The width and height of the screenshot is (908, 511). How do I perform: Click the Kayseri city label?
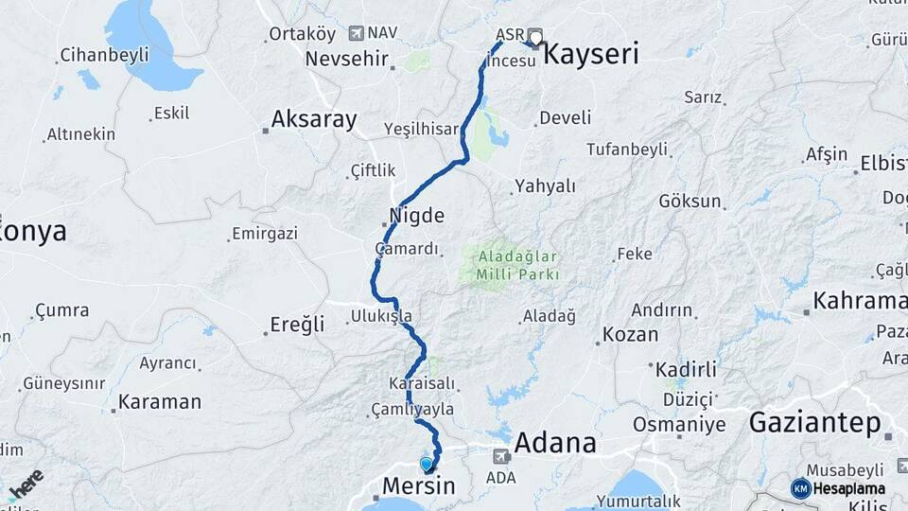(x=592, y=53)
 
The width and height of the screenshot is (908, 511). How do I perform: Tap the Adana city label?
(x=555, y=442)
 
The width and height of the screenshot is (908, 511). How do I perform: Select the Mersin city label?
(x=418, y=486)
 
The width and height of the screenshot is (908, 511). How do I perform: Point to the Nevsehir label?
(x=347, y=59)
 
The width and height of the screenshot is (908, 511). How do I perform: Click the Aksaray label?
(x=314, y=119)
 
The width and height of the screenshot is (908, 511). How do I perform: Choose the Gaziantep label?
(x=814, y=422)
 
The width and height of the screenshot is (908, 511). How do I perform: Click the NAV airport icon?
(x=356, y=33)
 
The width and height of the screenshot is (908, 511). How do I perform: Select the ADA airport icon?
(x=499, y=456)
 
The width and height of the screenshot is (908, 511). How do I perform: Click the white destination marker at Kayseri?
(x=535, y=39)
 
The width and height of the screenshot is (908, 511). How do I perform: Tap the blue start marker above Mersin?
(x=428, y=464)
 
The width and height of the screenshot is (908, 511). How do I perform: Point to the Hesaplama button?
(x=838, y=488)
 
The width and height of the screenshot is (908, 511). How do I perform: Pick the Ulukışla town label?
(x=381, y=315)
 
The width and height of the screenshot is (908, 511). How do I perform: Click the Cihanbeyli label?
(x=104, y=55)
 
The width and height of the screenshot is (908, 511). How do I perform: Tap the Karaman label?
(x=159, y=402)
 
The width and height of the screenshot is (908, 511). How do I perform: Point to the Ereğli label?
(x=297, y=325)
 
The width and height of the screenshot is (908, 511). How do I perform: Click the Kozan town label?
(x=630, y=334)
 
